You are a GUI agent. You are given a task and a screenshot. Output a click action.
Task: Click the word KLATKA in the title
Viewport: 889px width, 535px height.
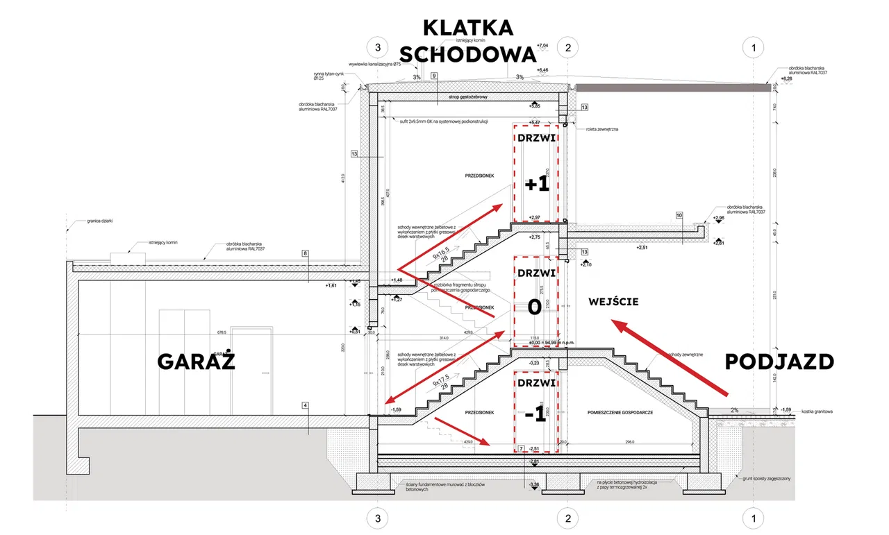click(468, 28)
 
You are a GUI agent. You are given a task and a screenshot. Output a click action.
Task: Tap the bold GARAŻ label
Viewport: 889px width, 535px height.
click(197, 362)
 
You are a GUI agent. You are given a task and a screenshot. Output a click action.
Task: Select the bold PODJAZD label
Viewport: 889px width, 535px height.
click(779, 362)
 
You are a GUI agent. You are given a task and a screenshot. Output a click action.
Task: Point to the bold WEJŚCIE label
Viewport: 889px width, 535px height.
click(613, 302)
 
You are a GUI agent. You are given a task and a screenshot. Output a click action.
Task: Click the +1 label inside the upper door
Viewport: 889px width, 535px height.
click(537, 185)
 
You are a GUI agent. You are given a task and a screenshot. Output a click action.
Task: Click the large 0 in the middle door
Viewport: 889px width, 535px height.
click(534, 307)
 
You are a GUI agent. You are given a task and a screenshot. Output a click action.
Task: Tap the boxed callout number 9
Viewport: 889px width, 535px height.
click(434, 76)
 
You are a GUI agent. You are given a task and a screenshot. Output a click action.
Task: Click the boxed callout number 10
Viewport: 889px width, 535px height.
click(679, 215)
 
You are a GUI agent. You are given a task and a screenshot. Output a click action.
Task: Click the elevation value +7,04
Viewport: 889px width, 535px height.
click(543, 45)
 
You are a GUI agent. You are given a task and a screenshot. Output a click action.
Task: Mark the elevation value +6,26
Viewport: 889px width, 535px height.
click(786, 79)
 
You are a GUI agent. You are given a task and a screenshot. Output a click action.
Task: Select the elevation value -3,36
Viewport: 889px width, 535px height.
click(534, 484)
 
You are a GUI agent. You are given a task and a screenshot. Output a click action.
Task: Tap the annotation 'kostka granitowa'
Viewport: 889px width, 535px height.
click(817, 411)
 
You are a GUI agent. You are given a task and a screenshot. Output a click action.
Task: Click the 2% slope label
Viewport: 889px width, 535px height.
click(734, 410)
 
